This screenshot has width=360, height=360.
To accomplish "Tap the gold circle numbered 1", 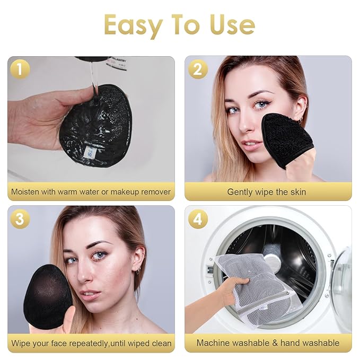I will pyautogui.click(x=19, y=69).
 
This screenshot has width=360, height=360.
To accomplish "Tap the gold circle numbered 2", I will pyautogui.click(x=197, y=69).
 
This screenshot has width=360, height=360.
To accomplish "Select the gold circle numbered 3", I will pyautogui.click(x=19, y=219).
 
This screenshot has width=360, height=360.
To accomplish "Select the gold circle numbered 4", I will pyautogui.click(x=197, y=219).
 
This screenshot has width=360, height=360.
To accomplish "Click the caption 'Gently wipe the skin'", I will pyautogui.click(x=267, y=191).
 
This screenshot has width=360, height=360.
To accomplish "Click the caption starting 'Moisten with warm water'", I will pyautogui.click(x=91, y=191).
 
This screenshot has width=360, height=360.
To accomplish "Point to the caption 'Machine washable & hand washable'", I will pyautogui.click(x=268, y=343).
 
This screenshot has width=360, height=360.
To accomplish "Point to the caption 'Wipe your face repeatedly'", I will pyautogui.click(x=91, y=343).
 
